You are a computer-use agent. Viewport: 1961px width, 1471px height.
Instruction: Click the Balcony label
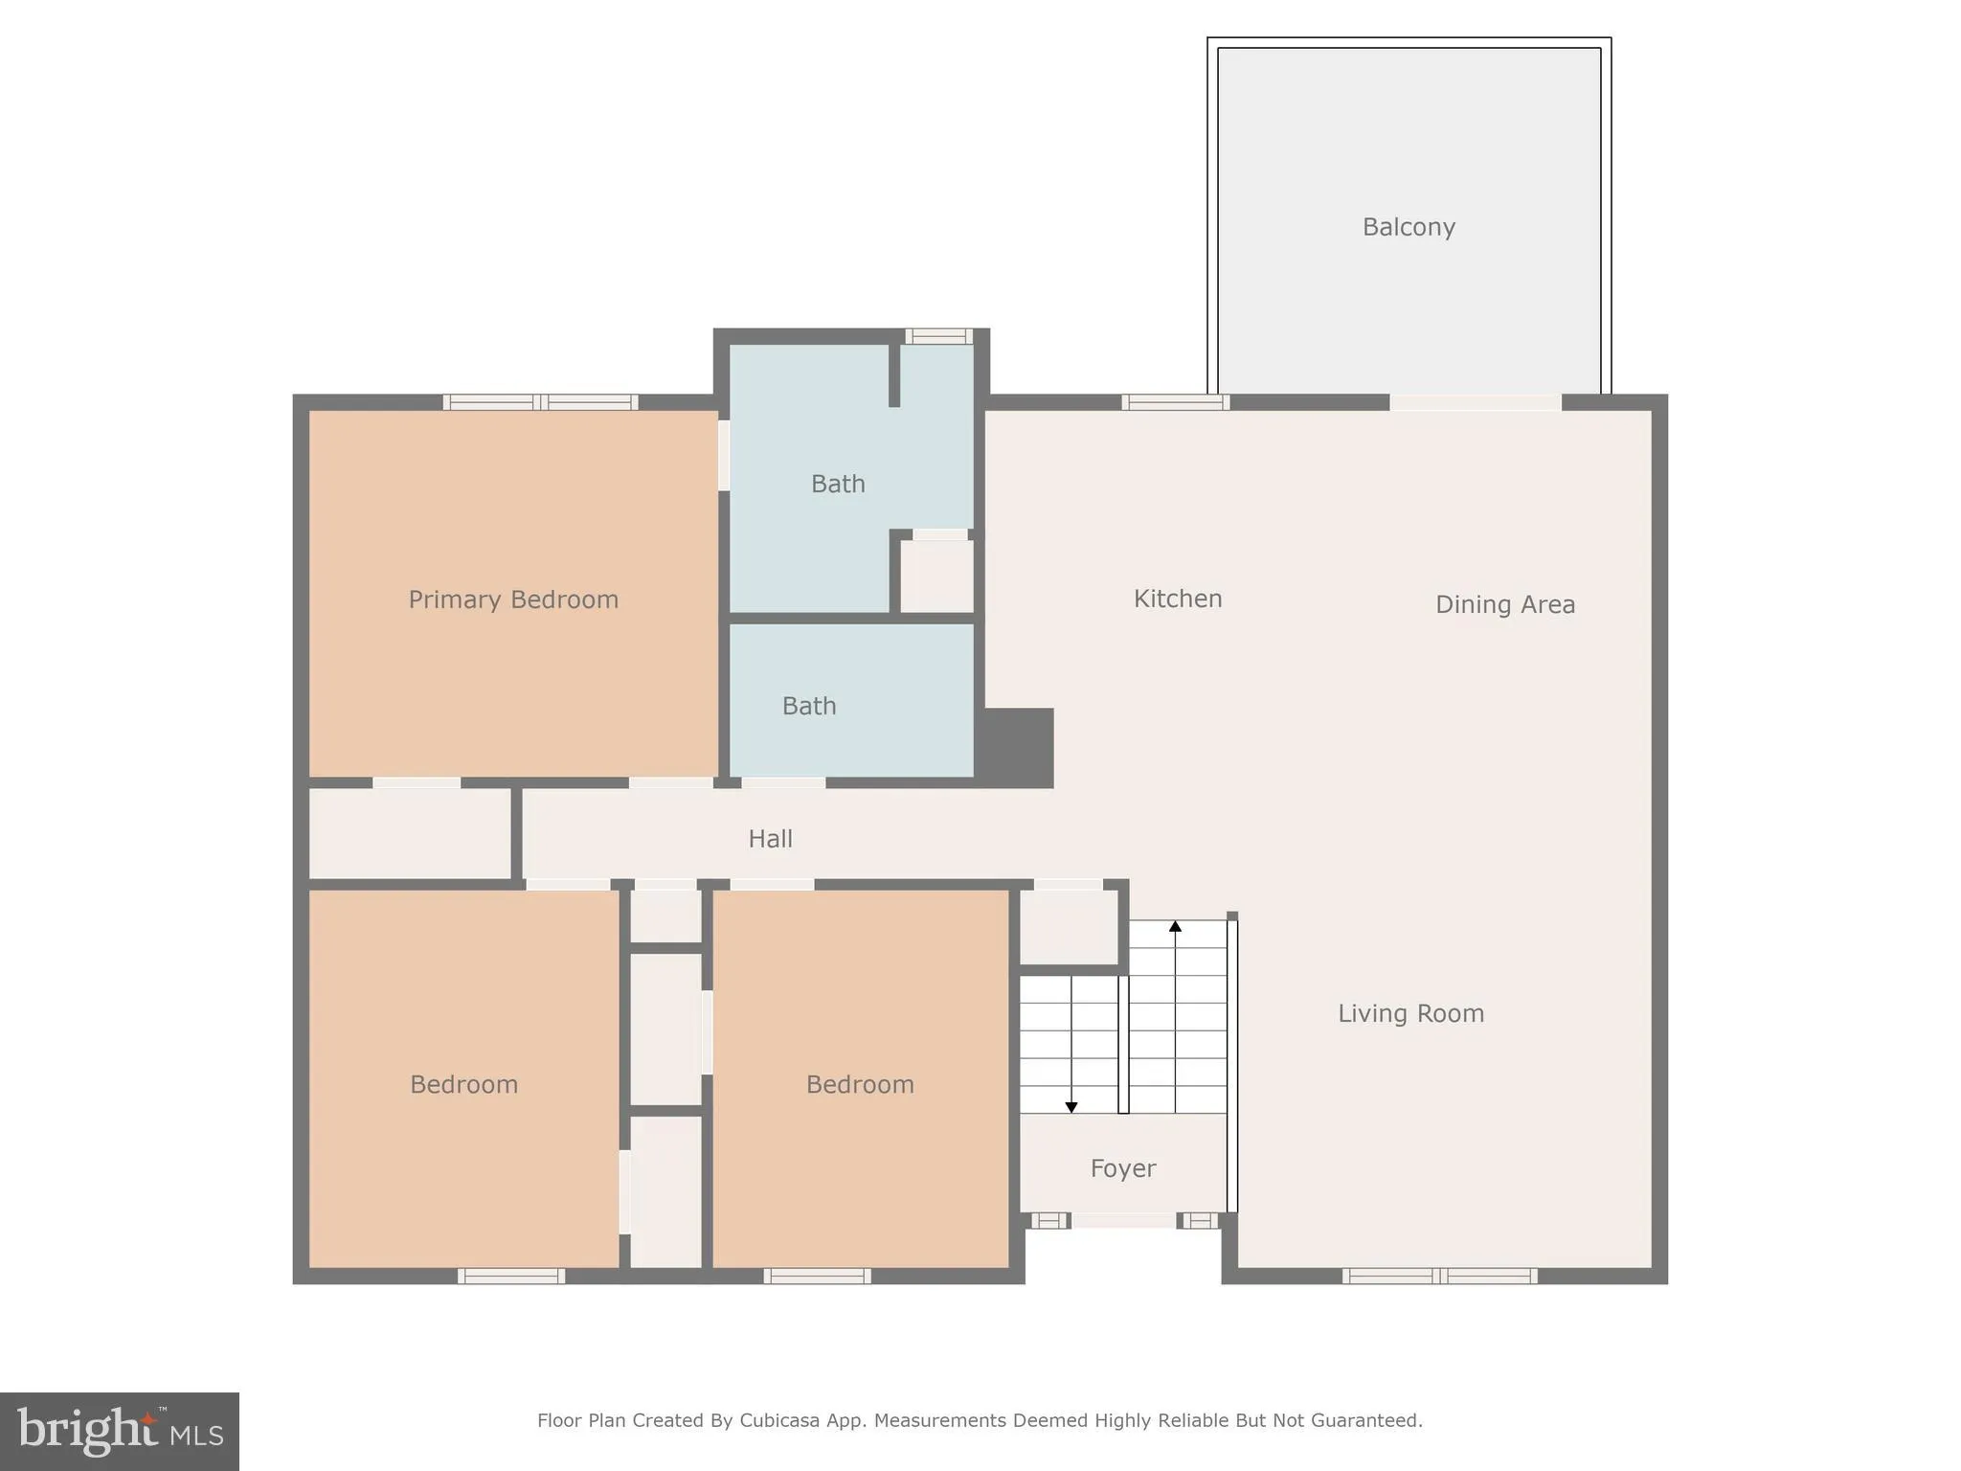pyautogui.click(x=1409, y=227)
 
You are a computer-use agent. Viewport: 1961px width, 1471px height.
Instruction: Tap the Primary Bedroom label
pyautogui.click(x=513, y=600)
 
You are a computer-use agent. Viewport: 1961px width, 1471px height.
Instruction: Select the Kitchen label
pyautogui.click(x=1178, y=599)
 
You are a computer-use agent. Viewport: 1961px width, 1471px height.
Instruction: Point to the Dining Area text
pyautogui.click(x=1505, y=604)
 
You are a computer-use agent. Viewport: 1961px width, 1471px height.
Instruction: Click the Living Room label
pyautogui.click(x=1410, y=1013)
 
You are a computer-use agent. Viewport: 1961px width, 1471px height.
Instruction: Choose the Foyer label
pyautogui.click(x=1123, y=1168)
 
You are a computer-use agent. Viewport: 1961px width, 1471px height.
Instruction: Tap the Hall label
pyautogui.click(x=770, y=839)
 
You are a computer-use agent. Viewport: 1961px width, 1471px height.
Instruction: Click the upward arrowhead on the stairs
pyautogui.click(x=1175, y=926)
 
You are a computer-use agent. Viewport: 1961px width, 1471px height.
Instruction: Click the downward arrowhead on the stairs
pyautogui.click(x=1071, y=1107)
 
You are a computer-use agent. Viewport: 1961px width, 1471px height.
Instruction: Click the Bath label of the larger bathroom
pyautogui.click(x=838, y=485)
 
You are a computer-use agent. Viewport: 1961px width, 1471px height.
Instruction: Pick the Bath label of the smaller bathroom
pyautogui.click(x=809, y=706)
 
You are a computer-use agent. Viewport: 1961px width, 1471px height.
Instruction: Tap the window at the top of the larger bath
pyautogui.click(x=938, y=336)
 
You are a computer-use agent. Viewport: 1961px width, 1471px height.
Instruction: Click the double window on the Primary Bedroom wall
pyautogui.click(x=541, y=402)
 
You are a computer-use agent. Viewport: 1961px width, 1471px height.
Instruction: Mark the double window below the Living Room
pyautogui.click(x=1439, y=1276)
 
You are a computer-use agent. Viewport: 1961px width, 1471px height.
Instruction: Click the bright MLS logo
pyautogui.click(x=120, y=1431)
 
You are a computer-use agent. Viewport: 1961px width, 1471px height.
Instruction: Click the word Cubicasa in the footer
pyautogui.click(x=779, y=1420)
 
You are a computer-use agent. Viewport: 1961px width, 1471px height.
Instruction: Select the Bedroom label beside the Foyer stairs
pyautogui.click(x=860, y=1084)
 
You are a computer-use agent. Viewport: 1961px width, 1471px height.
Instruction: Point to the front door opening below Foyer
pyautogui.click(x=1123, y=1221)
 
